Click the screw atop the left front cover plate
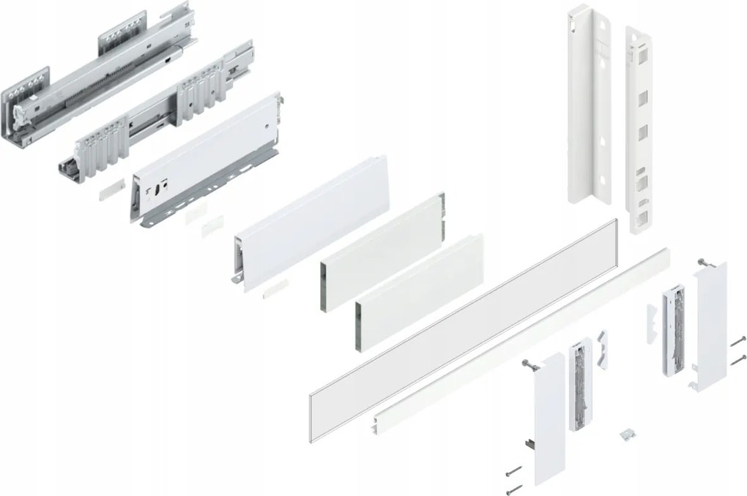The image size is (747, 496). [525, 364]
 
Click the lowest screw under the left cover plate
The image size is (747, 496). [514, 487]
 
